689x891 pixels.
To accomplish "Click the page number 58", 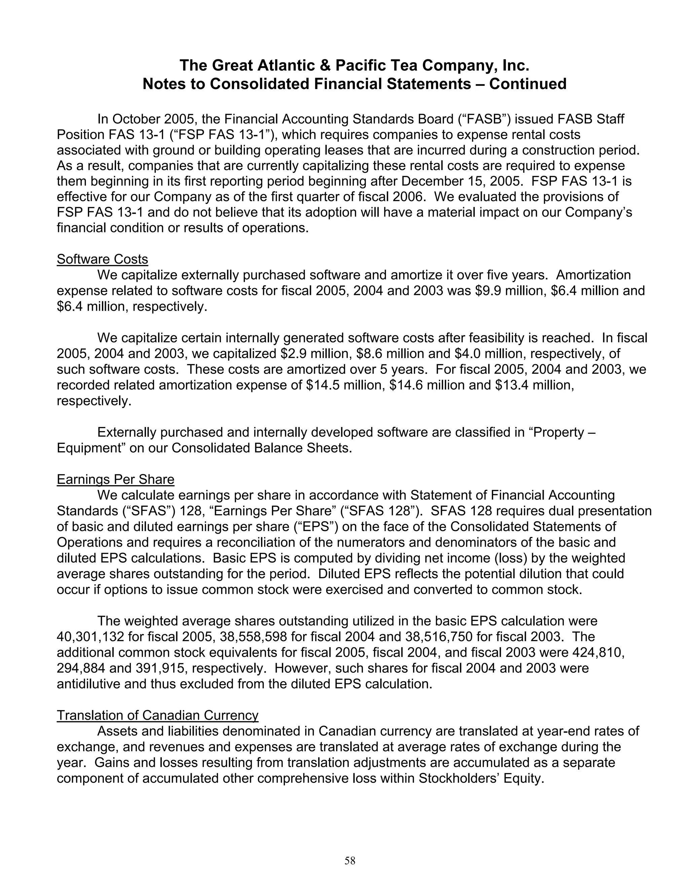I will [x=350, y=861].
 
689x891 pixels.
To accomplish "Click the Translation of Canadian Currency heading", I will [x=157, y=715].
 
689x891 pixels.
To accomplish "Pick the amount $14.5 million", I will [x=344, y=385].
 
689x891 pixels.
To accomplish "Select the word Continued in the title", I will [x=528, y=84].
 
